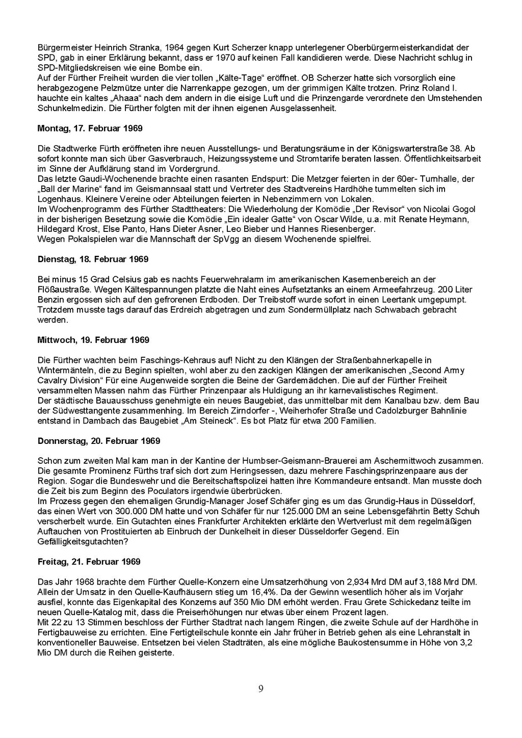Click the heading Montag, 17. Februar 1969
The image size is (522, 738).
[x=90, y=128]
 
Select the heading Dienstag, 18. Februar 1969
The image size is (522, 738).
[x=93, y=259]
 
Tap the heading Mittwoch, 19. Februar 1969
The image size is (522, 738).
[x=93, y=340]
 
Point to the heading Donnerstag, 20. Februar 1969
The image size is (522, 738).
[x=99, y=441]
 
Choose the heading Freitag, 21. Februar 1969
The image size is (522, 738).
[x=89, y=562]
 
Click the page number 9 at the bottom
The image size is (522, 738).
[x=261, y=690]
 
